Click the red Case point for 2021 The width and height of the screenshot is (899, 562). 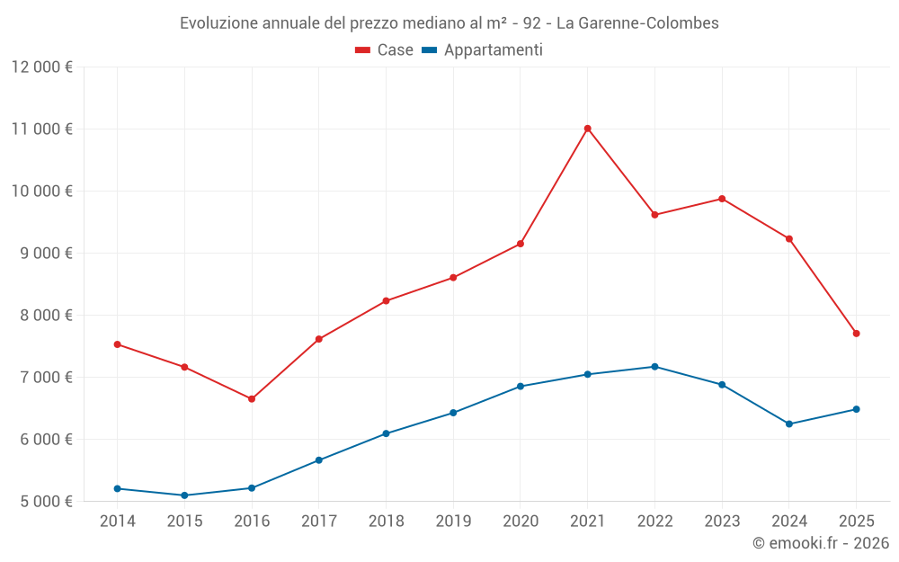coord(587,129)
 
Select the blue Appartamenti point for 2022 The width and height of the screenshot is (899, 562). coord(654,367)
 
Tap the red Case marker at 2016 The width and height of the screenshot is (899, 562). coord(252,399)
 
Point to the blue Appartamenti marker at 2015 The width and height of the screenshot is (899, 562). coord(184,495)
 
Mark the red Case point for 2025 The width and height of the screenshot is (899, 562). coord(856,334)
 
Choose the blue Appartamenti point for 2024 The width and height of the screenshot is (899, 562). coord(789,424)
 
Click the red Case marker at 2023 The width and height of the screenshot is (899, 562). coord(722,199)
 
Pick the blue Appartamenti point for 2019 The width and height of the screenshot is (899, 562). coord(453,413)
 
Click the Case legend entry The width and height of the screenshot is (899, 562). coord(385,50)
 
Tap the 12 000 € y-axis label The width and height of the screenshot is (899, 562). coord(42,67)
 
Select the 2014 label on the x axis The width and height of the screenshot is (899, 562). coord(118,522)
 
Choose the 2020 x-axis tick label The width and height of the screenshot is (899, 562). coord(521,522)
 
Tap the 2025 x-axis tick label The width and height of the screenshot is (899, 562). coord(856,522)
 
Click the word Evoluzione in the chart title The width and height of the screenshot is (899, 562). coord(218,23)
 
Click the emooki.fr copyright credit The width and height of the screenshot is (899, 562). coord(820,543)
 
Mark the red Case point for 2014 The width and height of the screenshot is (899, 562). coord(118,344)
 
